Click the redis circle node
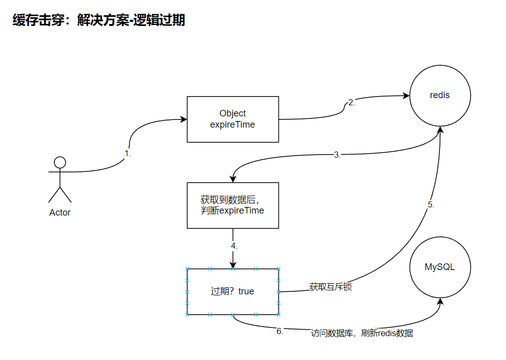[x=440, y=96]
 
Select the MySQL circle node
[x=440, y=267]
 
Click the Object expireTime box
[x=233, y=119]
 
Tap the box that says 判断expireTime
[x=233, y=205]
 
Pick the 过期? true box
[x=233, y=291]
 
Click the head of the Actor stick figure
[x=60, y=162]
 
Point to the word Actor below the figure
[x=60, y=213]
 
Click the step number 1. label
[x=128, y=153]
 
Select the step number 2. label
[x=352, y=102]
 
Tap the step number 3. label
[x=337, y=155]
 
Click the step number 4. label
[x=234, y=246]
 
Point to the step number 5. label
[x=431, y=205]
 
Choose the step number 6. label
[x=280, y=331]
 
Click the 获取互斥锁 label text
[x=331, y=287]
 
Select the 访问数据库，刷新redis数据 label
[x=362, y=334]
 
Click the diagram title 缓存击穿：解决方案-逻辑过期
[x=99, y=20]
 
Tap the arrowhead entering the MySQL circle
[x=439, y=301]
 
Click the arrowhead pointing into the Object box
[x=184, y=119]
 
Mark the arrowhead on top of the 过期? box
[x=233, y=265]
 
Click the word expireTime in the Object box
[x=233, y=125]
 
